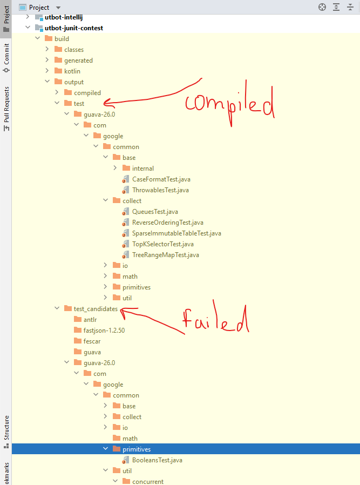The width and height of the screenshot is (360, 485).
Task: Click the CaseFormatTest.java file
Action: click(x=161, y=179)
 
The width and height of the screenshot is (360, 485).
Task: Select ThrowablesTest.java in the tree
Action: click(x=160, y=190)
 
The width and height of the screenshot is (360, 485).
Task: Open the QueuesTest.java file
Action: click(x=155, y=212)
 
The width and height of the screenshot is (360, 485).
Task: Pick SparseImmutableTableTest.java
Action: click(x=176, y=233)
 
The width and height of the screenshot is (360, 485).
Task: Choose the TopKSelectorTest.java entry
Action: click(x=162, y=244)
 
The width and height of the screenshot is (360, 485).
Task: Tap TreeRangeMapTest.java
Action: click(x=165, y=255)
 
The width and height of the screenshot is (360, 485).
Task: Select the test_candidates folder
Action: click(x=96, y=309)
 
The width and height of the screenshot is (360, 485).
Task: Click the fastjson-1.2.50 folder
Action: click(x=104, y=331)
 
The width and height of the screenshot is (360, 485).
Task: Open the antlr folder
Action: click(x=90, y=320)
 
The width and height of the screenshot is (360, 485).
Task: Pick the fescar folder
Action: click(x=92, y=341)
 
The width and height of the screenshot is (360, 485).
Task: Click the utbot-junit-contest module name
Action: click(x=74, y=28)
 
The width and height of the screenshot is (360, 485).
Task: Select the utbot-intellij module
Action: click(x=67, y=17)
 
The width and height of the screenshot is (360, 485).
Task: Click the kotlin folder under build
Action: click(x=72, y=71)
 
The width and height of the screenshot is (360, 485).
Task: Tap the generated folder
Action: click(x=78, y=60)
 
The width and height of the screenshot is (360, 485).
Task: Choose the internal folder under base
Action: click(x=142, y=169)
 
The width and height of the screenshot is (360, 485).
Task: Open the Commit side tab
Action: click(x=6, y=54)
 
